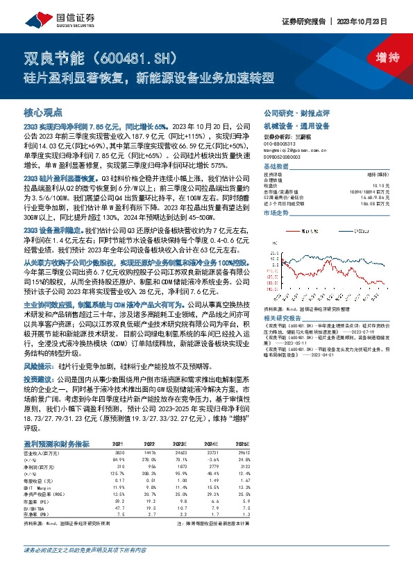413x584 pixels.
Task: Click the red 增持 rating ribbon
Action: (380, 58)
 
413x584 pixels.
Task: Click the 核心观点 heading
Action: (44, 112)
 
